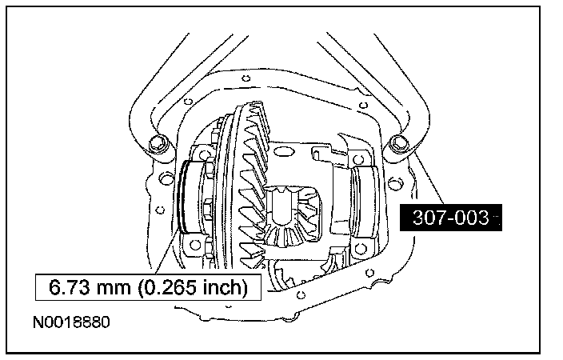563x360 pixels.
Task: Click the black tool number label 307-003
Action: pos(450,218)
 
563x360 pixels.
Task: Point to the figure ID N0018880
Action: pos(71,322)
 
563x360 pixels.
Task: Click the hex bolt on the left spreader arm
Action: pos(157,143)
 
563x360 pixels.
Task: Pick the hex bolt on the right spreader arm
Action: pos(398,143)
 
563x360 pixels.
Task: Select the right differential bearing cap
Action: pos(365,202)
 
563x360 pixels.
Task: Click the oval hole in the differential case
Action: pos(285,151)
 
